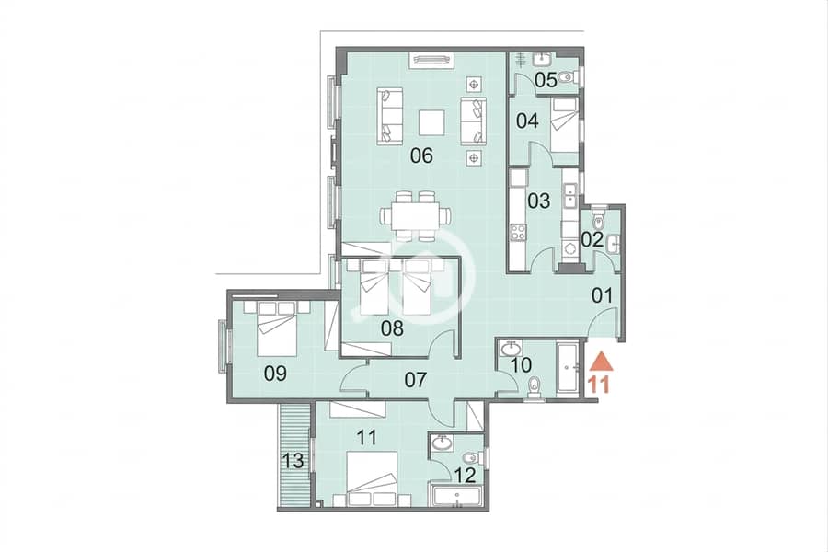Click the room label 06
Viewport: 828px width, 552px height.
(422, 155)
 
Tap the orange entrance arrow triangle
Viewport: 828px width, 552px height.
(601, 362)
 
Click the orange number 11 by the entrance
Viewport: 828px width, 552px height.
(600, 385)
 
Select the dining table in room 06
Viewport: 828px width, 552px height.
(416, 216)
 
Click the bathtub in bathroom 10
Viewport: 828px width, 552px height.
(569, 367)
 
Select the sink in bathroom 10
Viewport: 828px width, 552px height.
(511, 349)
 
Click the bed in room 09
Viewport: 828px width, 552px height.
(277, 329)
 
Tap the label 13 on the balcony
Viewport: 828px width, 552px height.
(293, 461)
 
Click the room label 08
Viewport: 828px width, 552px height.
(392, 328)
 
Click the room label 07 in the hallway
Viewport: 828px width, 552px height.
(416, 379)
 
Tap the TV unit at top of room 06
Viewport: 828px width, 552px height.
(432, 60)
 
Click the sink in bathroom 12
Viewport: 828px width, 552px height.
(441, 443)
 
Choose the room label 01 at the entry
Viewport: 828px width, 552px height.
(602, 296)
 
